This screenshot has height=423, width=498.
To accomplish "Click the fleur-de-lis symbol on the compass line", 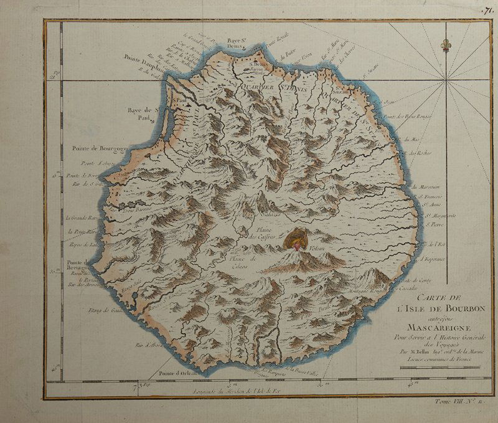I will click(444, 46).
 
